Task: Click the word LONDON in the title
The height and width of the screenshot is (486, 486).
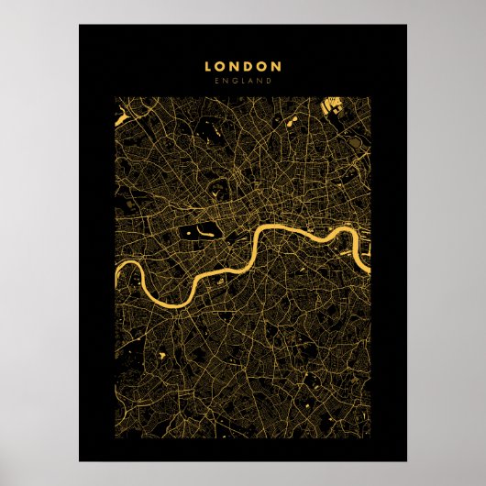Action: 243,66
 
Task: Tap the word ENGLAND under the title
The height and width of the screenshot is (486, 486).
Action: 243,81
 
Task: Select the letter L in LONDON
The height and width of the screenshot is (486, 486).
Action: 208,66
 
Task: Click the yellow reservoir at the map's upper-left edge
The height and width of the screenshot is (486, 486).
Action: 119,117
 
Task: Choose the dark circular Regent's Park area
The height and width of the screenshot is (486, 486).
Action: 217,191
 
